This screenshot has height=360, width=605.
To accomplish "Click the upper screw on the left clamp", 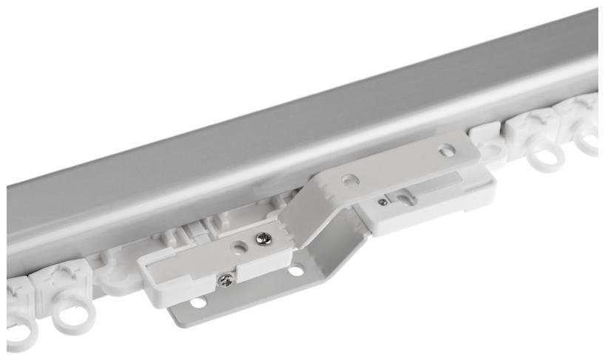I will (x=263, y=238).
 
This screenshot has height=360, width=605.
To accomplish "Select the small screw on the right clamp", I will (x=382, y=201).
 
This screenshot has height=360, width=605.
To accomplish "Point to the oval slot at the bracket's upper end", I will (x=446, y=150).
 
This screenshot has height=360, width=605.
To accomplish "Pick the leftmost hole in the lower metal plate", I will (x=197, y=303).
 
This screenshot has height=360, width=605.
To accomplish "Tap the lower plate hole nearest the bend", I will (x=296, y=271).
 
